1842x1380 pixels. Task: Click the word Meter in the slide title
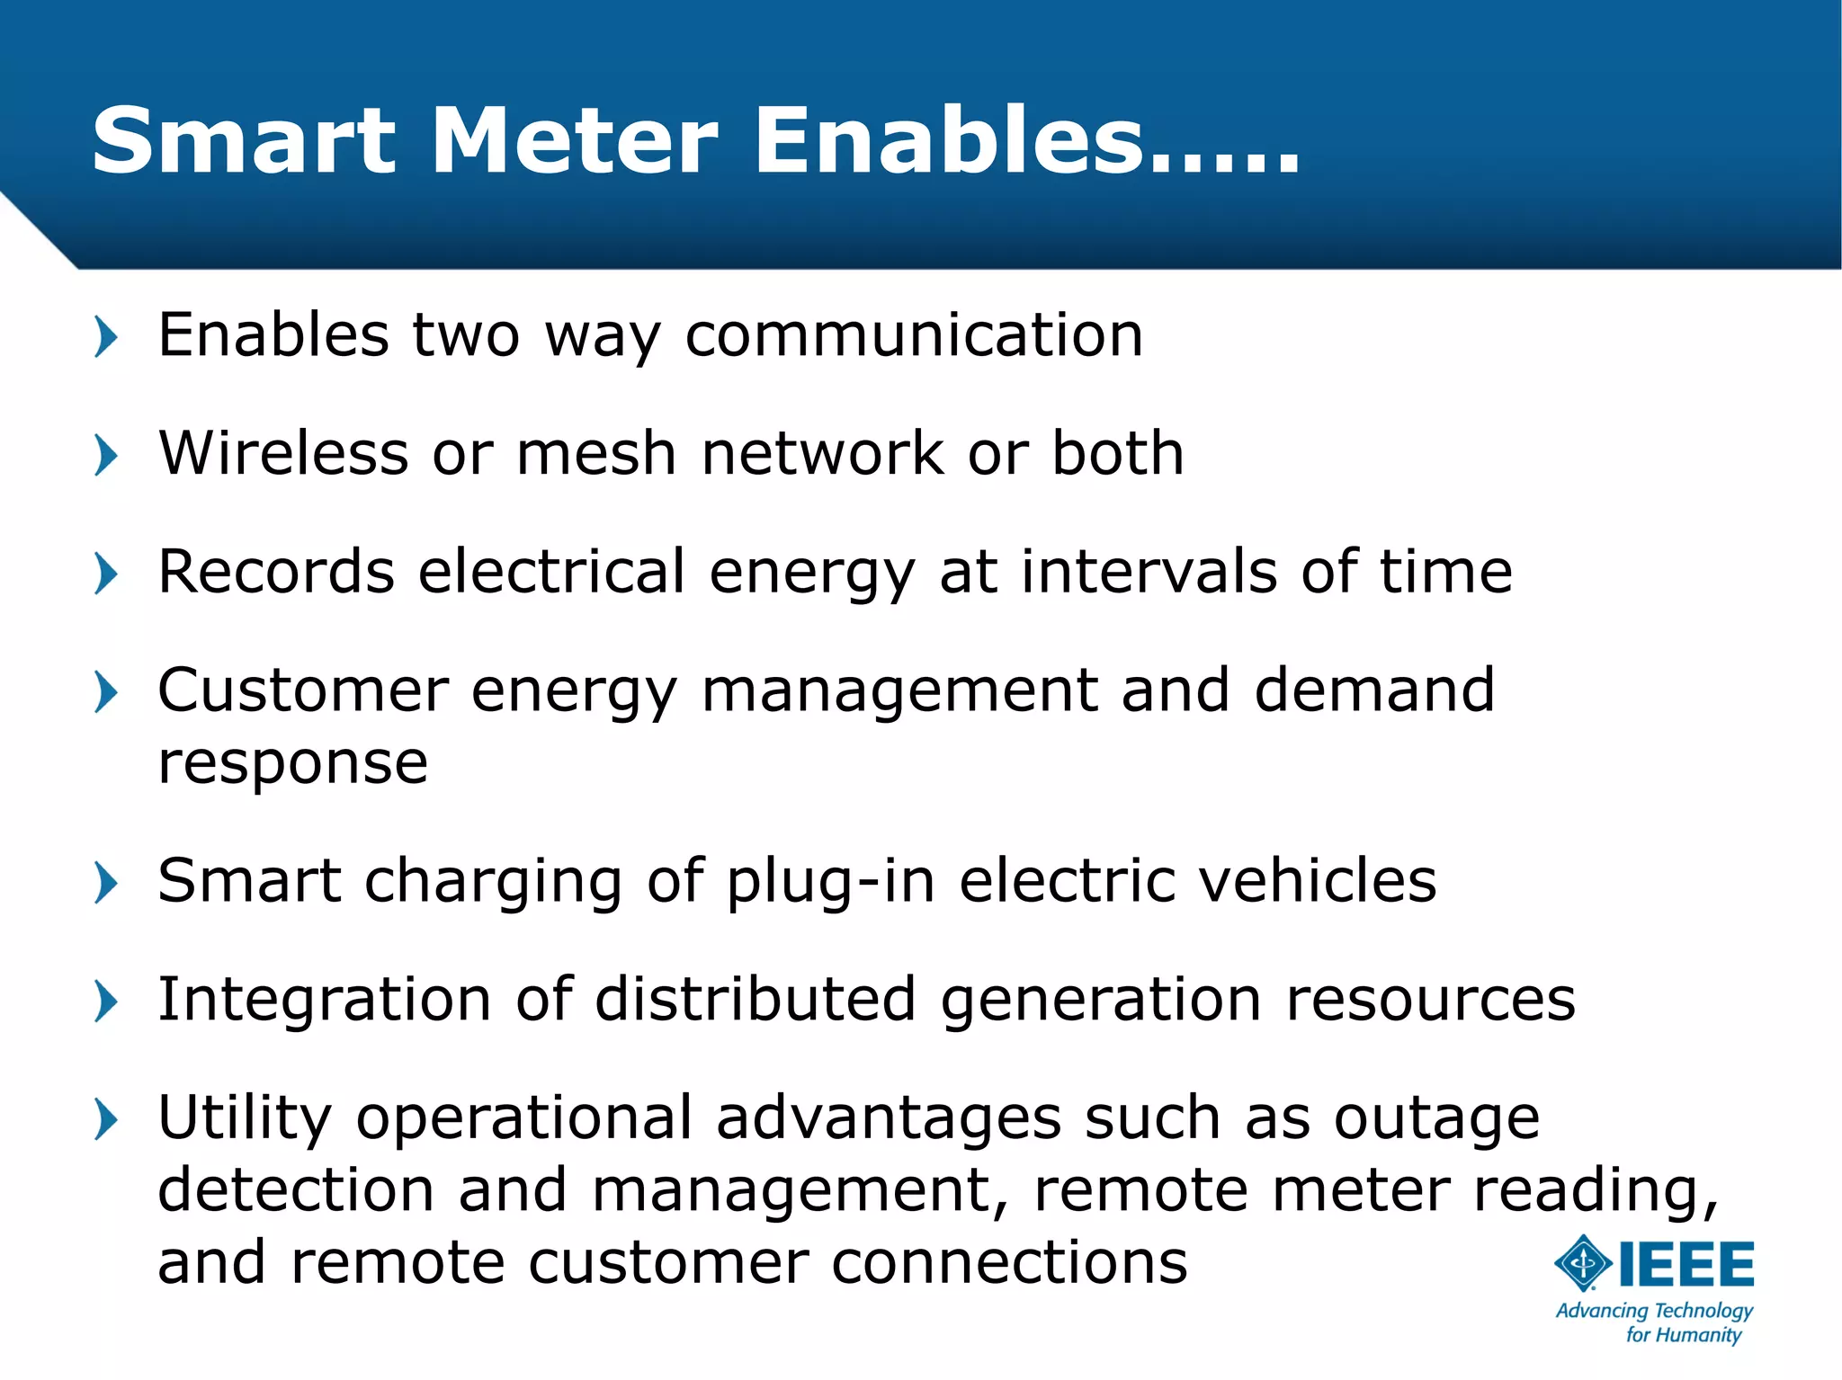(x=575, y=141)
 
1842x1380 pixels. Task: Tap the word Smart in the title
(x=243, y=141)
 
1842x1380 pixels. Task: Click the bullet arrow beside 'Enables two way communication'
(x=106, y=337)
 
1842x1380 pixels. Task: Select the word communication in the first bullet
(x=914, y=334)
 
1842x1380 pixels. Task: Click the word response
(x=292, y=764)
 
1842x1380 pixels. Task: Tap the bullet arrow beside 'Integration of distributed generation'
(x=106, y=1002)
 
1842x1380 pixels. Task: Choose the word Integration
(x=324, y=999)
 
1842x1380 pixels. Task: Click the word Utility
(x=245, y=1119)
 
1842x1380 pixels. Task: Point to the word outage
(x=1436, y=1119)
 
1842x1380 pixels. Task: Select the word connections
(x=1009, y=1262)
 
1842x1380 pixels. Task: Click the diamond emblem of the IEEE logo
(x=1583, y=1263)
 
